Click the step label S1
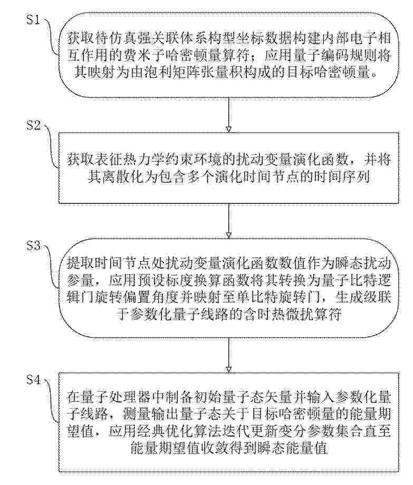[x=33, y=21]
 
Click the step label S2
[x=33, y=125]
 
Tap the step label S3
[x=33, y=245]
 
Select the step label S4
[x=33, y=380]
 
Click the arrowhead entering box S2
[x=229, y=130]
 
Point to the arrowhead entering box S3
[x=229, y=235]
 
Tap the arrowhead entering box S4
[x=229, y=370]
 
